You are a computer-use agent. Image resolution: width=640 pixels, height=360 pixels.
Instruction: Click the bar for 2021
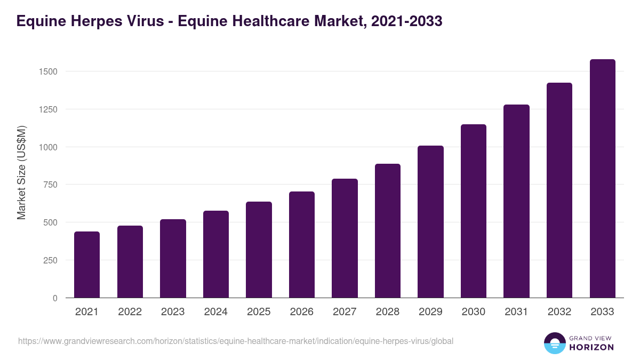coord(87,265)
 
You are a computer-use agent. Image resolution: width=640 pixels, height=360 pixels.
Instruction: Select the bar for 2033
coord(602,179)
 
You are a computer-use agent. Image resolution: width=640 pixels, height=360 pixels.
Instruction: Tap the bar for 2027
coord(345,238)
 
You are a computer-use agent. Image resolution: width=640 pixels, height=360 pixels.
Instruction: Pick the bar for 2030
coord(474,211)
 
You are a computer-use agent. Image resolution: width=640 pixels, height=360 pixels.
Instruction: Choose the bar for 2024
coord(216,254)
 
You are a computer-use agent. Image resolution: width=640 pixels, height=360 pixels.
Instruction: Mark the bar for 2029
coord(430,222)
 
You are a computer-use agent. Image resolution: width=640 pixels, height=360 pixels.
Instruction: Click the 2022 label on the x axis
coord(130,312)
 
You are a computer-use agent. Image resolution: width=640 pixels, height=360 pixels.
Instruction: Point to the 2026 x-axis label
coord(302,312)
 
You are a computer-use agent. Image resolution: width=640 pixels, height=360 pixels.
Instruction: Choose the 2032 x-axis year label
coord(559,312)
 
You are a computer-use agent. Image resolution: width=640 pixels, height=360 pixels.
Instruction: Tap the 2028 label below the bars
coord(388,312)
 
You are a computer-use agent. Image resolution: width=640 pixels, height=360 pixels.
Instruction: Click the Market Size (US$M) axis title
coord(21,172)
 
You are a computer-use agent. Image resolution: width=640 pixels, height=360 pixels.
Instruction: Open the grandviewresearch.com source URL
coord(236,341)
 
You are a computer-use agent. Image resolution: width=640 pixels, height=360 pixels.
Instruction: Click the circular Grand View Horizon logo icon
coord(554,343)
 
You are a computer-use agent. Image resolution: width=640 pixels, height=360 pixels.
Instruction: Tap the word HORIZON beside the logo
coord(591,347)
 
